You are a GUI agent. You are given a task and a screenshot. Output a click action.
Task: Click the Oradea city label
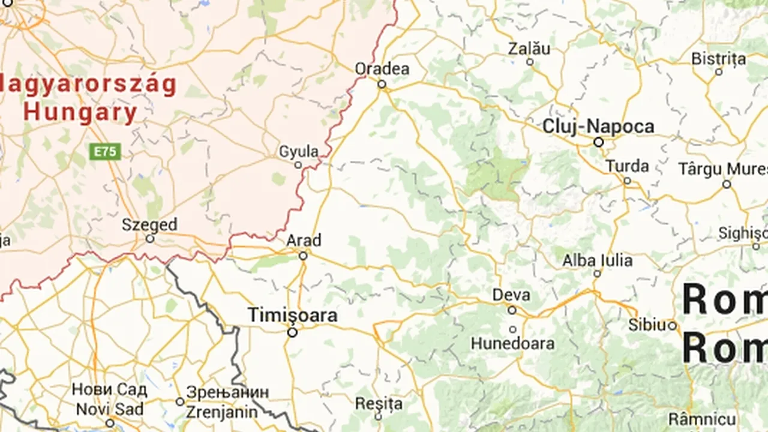[x=382, y=69]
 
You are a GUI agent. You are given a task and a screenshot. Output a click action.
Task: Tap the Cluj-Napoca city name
[x=598, y=127]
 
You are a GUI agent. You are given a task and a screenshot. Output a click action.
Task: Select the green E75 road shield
[x=106, y=151]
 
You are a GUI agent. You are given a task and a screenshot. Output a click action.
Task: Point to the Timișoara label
[x=293, y=316]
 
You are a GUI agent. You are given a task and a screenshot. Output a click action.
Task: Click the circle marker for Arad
[x=303, y=256]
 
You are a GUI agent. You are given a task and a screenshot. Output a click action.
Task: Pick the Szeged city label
[x=149, y=225]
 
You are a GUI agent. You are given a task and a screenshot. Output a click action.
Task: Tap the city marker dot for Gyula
[x=298, y=165]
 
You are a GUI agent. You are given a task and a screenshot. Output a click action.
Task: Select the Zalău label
[x=529, y=49]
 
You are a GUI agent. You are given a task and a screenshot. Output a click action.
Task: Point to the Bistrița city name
[x=719, y=59]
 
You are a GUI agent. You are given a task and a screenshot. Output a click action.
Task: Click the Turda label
[x=627, y=166]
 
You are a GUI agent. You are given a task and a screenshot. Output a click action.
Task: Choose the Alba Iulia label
[x=597, y=260]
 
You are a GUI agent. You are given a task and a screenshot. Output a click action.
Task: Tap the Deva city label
[x=511, y=295]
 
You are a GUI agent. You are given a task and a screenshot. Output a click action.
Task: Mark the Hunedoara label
[x=512, y=344]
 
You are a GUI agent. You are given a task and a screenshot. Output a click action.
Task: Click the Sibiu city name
[x=647, y=325]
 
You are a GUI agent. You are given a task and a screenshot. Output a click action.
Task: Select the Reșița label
[x=378, y=403]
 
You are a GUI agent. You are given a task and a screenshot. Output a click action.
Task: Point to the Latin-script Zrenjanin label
[x=221, y=412]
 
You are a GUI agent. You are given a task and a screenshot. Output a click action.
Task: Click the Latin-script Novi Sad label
[x=109, y=409]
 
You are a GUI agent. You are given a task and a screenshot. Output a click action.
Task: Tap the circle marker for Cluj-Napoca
[x=598, y=142]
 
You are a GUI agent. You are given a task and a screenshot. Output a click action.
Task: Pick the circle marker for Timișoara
[x=292, y=332]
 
